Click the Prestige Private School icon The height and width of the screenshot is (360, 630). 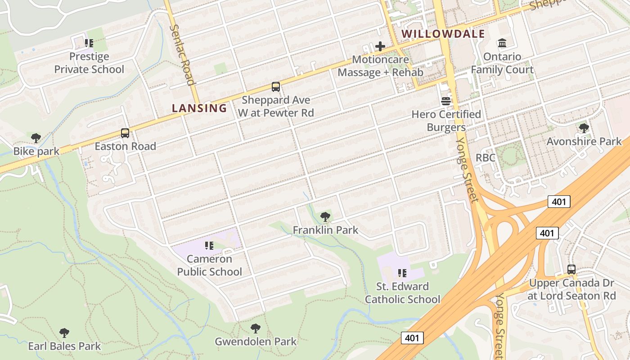click(89, 43)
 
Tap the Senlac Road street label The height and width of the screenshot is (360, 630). click(183, 54)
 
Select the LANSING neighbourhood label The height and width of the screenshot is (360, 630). click(199, 108)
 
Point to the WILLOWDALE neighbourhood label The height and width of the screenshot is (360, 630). click(443, 34)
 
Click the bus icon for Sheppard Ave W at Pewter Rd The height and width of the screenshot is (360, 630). click(275, 86)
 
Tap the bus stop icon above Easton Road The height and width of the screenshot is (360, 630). click(125, 133)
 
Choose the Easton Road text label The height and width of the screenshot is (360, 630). click(125, 146)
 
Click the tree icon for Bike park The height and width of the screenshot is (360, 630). click(36, 138)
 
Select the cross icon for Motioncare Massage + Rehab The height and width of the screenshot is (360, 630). click(380, 46)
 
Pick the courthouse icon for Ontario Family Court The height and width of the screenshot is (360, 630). click(502, 43)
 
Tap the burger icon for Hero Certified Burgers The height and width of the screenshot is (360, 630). click(446, 101)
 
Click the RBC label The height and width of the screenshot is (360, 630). click(486, 158)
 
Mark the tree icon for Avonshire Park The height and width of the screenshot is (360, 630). click(584, 128)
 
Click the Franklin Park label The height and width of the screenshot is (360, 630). click(325, 230)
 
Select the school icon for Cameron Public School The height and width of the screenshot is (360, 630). click(209, 246)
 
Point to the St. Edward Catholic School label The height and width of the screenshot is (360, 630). click(402, 292)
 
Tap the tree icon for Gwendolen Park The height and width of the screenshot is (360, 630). click(256, 328)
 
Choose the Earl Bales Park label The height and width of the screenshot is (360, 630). click(64, 346)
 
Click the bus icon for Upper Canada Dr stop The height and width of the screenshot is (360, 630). click(571, 270)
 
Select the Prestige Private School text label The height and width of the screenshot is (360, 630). click(89, 63)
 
